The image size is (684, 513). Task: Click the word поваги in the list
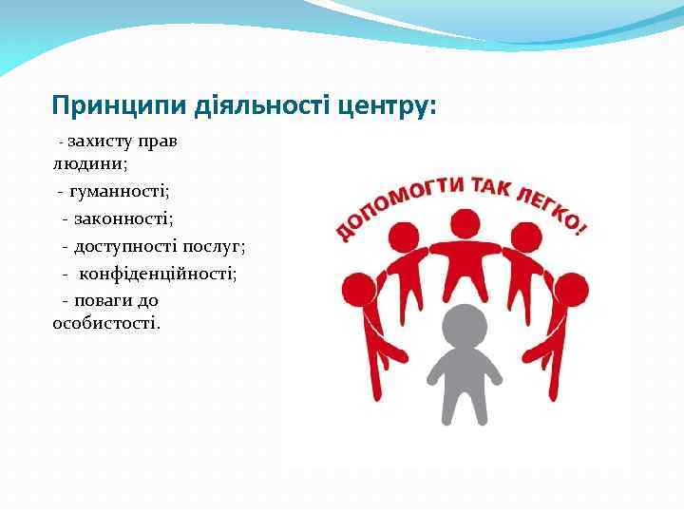click(104, 300)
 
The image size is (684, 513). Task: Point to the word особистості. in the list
click(106, 324)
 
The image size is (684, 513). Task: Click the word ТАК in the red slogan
click(493, 185)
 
